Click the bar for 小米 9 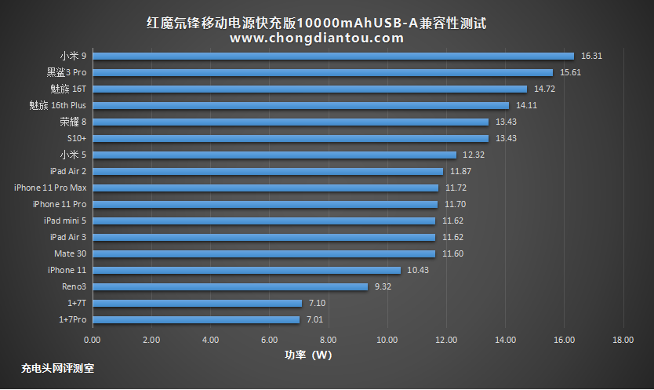tap(333, 56)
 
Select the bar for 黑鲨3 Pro tap(322, 72)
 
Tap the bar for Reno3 tap(230, 286)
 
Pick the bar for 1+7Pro tap(195, 319)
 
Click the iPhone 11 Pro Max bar tap(265, 188)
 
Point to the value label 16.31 tap(591, 56)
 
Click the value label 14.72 tap(544, 89)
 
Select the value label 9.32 tap(383, 286)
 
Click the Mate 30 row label tap(71, 253)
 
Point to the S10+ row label tap(77, 138)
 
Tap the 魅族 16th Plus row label tap(57, 105)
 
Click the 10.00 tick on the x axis tap(387, 340)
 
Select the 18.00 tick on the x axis tap(623, 340)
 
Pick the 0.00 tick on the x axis tap(92, 340)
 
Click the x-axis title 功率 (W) tap(308, 355)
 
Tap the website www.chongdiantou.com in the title tap(317, 38)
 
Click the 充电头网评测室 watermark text tap(58, 367)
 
